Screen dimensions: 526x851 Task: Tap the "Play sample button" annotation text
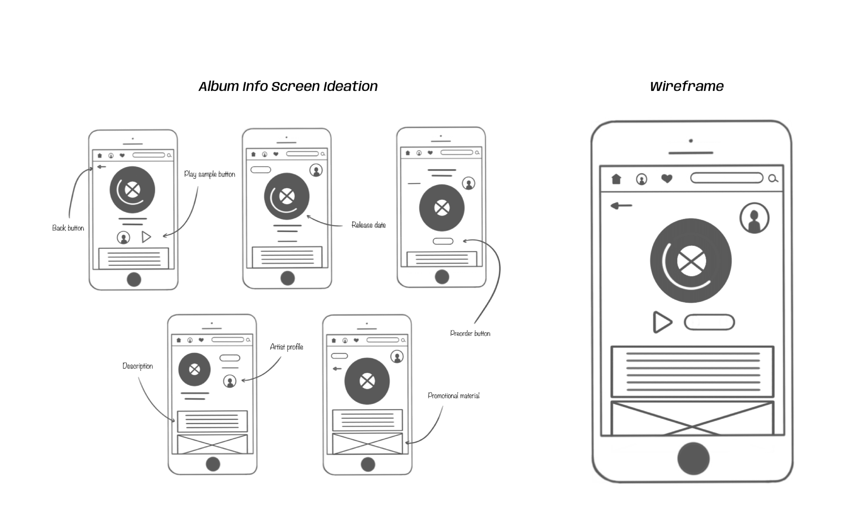click(209, 174)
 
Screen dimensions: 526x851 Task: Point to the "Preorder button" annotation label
click(470, 333)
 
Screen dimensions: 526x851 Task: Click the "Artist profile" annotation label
click(286, 347)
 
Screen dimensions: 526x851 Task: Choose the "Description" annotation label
click(138, 366)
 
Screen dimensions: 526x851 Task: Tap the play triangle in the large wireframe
click(661, 322)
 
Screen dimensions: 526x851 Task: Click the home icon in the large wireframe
click(616, 179)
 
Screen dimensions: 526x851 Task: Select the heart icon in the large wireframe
click(666, 178)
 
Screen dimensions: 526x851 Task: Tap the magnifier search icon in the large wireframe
click(773, 178)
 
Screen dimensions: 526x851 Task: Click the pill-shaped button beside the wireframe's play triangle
click(709, 322)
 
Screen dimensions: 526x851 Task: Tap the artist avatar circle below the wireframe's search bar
click(754, 218)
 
